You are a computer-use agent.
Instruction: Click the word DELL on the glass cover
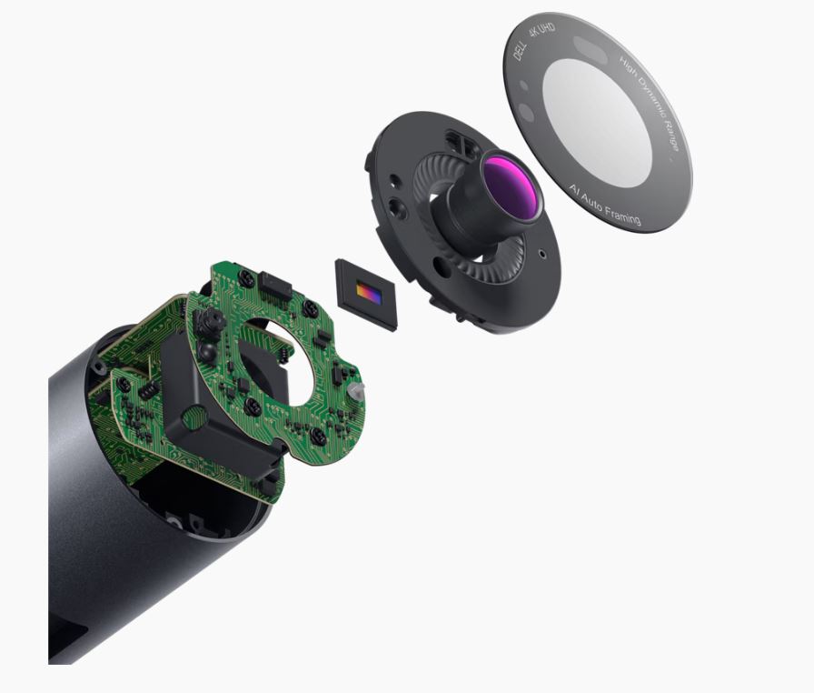(520, 51)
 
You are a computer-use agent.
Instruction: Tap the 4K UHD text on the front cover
(542, 31)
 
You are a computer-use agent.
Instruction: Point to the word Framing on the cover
(620, 213)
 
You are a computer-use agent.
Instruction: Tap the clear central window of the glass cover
(597, 122)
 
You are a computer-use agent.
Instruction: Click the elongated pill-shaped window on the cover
(591, 49)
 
